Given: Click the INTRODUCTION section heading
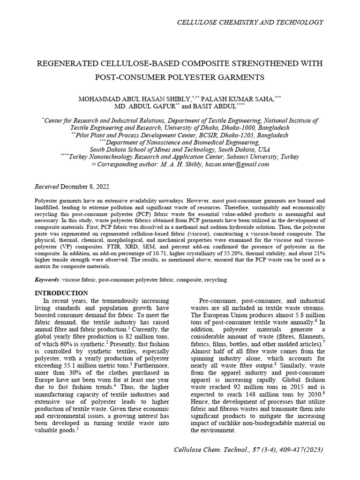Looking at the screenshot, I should click(62, 293).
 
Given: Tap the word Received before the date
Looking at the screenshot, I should click(47, 186).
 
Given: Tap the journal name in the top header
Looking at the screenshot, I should click(249, 22).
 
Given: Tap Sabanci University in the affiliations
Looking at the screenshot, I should click(257, 157).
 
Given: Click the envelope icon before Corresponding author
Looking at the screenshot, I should click(93, 165).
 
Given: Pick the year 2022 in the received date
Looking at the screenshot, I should click(101, 186).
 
